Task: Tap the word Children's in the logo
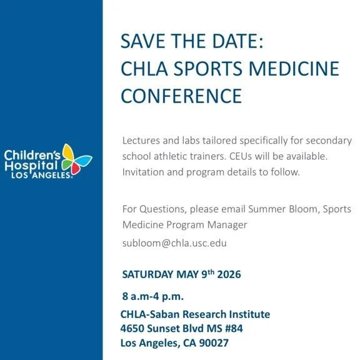pos(31,154)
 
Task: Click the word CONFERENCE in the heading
pos(181,96)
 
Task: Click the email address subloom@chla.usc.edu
pos(174,243)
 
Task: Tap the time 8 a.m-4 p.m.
pos(152,296)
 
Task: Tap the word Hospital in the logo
pos(27,166)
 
